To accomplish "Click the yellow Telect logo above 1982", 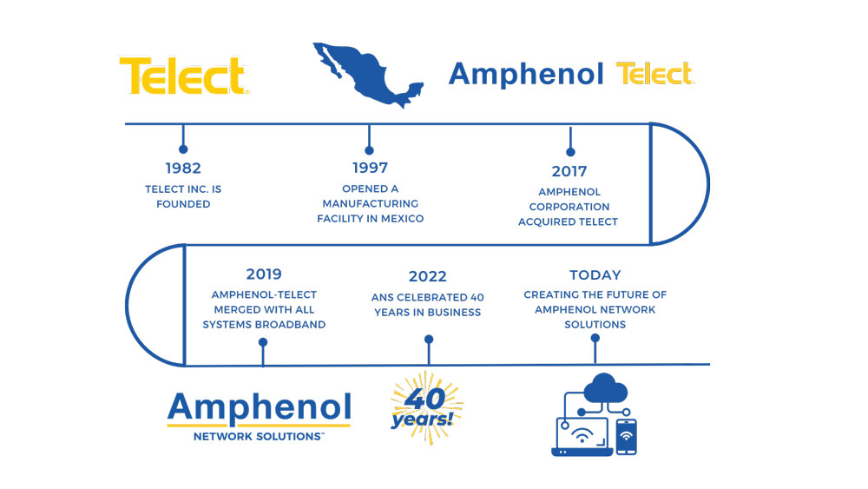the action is [184, 76].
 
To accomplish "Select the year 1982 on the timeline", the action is [183, 168].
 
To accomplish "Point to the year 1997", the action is [371, 168].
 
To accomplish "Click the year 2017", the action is [569, 171].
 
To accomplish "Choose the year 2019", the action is [264, 274].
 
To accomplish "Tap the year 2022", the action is [427, 276].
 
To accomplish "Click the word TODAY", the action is [595, 274].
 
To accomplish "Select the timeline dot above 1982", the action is [183, 149].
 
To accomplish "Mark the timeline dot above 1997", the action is [369, 150].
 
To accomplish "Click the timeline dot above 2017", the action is [571, 152].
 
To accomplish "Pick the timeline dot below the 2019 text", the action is [263, 342].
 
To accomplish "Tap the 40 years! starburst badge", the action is [425, 408].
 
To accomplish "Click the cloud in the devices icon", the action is [605, 388].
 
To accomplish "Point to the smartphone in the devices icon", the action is [626, 437].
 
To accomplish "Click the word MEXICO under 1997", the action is [403, 219].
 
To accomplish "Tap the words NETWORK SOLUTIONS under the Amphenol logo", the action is [258, 436].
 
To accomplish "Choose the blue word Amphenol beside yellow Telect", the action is [526, 75].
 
